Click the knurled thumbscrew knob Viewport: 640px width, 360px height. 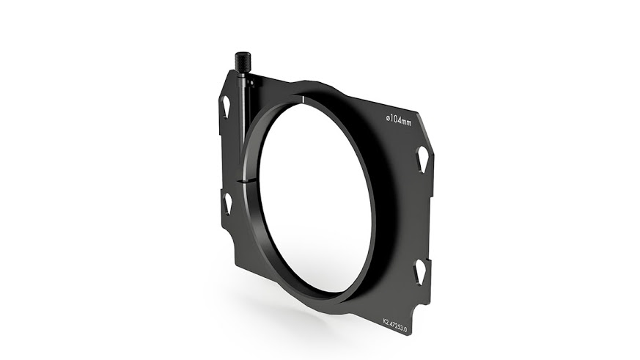(243, 62)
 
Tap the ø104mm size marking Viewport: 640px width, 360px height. (399, 120)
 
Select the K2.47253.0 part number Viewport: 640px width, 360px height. (394, 322)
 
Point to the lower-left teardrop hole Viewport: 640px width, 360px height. (227, 203)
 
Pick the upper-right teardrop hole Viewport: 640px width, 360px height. (422, 158)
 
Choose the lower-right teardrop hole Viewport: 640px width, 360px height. (419, 273)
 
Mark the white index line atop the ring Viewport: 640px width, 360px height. (304, 99)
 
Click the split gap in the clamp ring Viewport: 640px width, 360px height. (245, 180)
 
